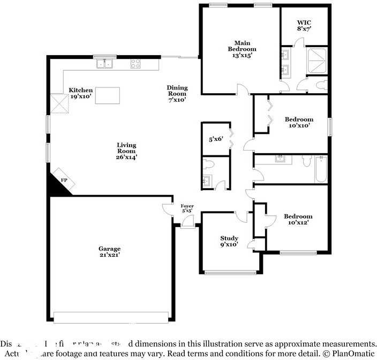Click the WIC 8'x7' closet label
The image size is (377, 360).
(x=304, y=26)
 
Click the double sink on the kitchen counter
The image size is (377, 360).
(x=105, y=64)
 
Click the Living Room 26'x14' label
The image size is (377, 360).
(x=126, y=151)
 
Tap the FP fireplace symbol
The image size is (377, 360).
(x=63, y=181)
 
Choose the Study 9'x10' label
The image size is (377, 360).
(x=229, y=242)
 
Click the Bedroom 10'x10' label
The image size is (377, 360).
(x=299, y=122)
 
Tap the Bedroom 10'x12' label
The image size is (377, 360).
(x=298, y=219)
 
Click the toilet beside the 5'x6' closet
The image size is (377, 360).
(x=209, y=163)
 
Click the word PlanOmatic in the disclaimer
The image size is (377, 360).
(x=353, y=354)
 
